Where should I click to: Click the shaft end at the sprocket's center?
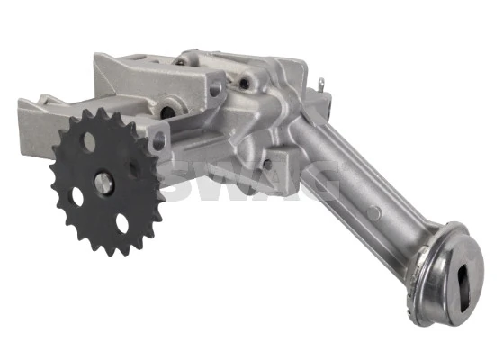pyautogui.click(x=103, y=184)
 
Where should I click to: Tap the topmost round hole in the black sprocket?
pyautogui.click(x=89, y=142)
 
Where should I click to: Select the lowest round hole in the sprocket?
pyautogui.click(x=122, y=223)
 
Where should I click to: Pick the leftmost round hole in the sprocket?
pyautogui.click(x=77, y=196)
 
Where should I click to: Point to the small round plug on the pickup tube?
pyautogui.click(x=374, y=213)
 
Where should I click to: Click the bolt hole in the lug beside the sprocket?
pyautogui.click(x=158, y=141)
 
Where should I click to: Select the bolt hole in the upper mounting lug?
pyautogui.click(x=215, y=88)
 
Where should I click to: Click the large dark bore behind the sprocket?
pyautogui.click(x=167, y=112)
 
